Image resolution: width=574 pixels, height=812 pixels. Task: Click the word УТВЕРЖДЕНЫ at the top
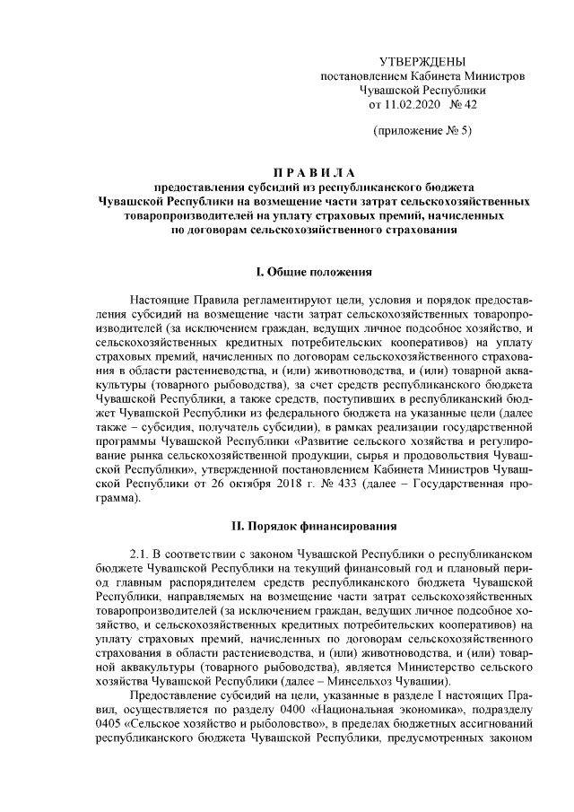pos(423,62)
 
